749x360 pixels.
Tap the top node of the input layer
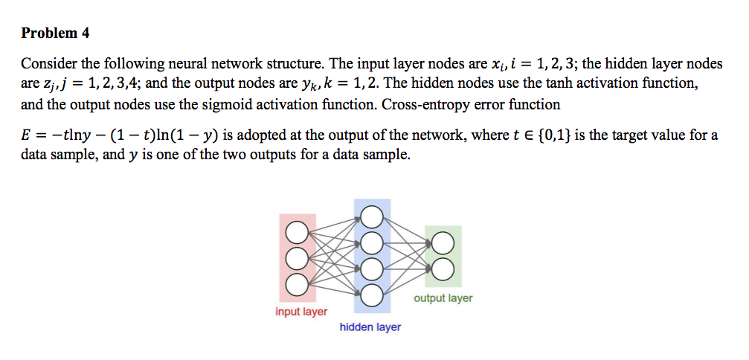[x=297, y=232]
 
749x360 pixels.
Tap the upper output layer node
[x=442, y=243]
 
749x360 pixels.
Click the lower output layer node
[x=442, y=269]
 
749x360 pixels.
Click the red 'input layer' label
[x=301, y=312]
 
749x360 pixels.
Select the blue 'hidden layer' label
[x=370, y=327]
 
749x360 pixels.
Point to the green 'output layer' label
[x=443, y=298]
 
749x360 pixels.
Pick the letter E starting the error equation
[x=26, y=136]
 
